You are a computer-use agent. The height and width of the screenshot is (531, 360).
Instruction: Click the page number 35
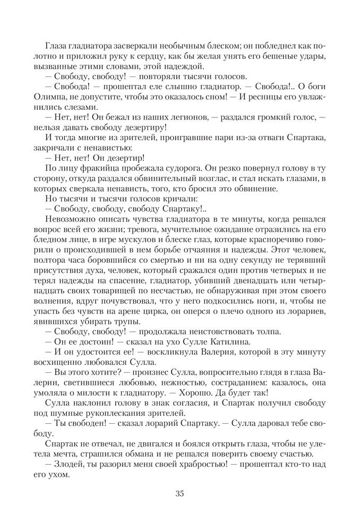click(x=179, y=494)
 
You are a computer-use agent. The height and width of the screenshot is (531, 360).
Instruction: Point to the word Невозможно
click(x=70, y=219)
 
